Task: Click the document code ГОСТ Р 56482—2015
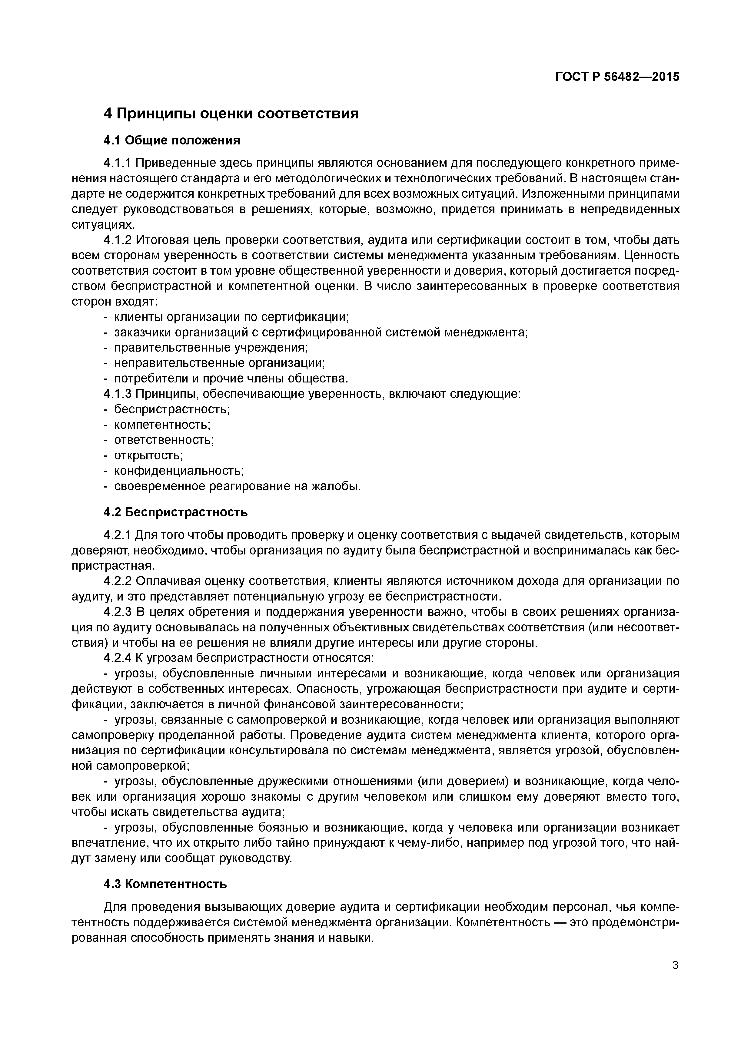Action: pyautogui.click(x=617, y=77)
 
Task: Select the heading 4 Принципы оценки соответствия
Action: pyautogui.click(x=231, y=113)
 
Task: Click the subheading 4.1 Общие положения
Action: pyautogui.click(x=172, y=140)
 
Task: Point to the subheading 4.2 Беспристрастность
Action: pyautogui.click(x=175, y=512)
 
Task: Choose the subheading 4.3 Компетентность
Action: pyautogui.click(x=165, y=884)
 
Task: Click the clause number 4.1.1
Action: pyautogui.click(x=118, y=163)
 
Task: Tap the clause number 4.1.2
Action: pyautogui.click(x=118, y=240)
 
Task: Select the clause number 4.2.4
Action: pyautogui.click(x=118, y=658)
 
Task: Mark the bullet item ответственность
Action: pyautogui.click(x=164, y=440)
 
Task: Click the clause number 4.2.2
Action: pyautogui.click(x=118, y=581)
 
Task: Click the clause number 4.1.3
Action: pyautogui.click(x=118, y=394)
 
